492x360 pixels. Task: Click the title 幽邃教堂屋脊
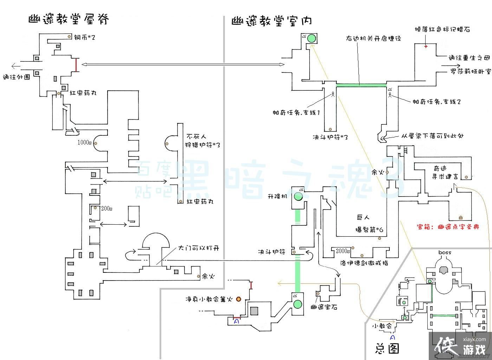click(69, 19)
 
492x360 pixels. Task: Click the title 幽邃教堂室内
click(272, 21)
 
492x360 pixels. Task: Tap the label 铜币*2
click(85, 37)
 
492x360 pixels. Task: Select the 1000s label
click(84, 143)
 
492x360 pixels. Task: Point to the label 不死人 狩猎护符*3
click(203, 141)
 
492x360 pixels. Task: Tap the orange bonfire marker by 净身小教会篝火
click(239, 299)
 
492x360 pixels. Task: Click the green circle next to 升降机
click(298, 197)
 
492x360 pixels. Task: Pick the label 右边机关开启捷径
click(373, 38)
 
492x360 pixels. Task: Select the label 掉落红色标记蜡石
click(442, 30)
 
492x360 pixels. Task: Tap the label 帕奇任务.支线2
click(436, 102)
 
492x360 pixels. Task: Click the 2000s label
click(343, 251)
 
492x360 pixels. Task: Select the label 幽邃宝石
click(324, 307)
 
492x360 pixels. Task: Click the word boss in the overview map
click(445, 252)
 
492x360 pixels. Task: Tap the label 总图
click(387, 348)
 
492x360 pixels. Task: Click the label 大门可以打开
click(199, 248)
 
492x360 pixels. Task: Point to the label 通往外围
click(17, 77)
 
